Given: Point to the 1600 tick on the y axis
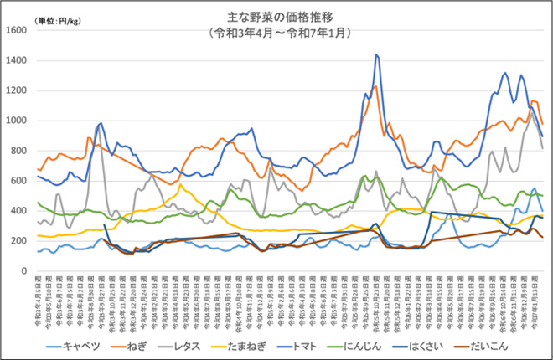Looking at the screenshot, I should [17, 30].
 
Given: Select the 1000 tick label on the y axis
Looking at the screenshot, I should [17, 121].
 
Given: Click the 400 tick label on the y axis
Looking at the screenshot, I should [19, 211].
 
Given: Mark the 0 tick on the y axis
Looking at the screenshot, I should [25, 271].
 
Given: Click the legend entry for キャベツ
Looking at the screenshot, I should [80, 345].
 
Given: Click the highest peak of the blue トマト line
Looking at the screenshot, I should [376, 55].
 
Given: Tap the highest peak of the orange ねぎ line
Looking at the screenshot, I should [375, 86].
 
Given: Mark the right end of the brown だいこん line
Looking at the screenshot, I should [543, 238].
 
